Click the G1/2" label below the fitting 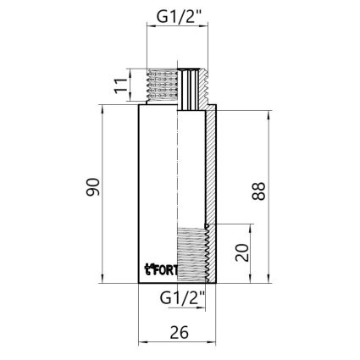pos(182,297)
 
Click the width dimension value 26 pos(177,332)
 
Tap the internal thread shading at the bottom pos(192,254)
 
